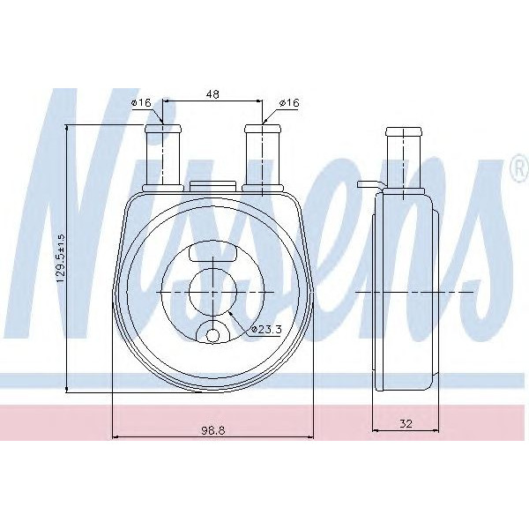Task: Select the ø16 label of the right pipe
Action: [288, 103]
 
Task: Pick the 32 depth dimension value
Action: [406, 423]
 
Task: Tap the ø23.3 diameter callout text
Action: [265, 329]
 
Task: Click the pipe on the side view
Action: [405, 159]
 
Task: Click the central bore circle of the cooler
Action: [212, 291]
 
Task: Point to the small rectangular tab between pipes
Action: [212, 186]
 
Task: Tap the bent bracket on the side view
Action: [369, 185]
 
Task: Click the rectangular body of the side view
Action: [406, 291]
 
